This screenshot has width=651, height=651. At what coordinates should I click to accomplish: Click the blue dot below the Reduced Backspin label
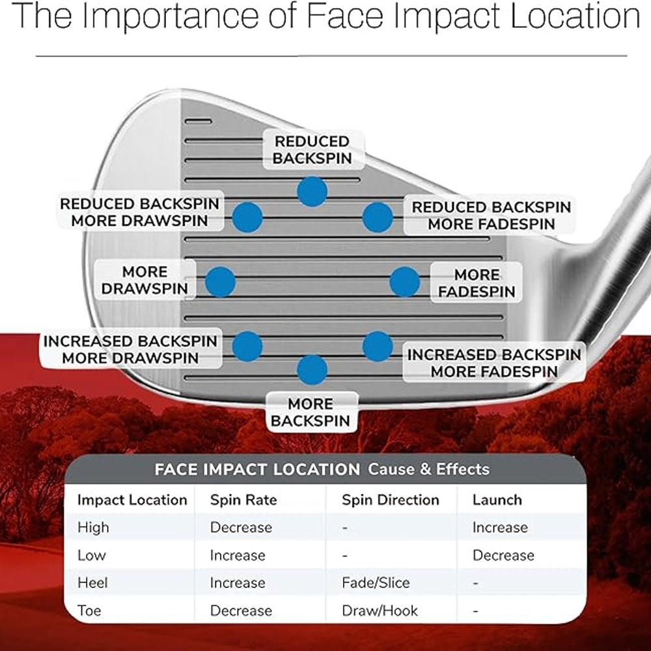(x=312, y=191)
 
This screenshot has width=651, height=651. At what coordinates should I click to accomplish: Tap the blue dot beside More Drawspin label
(x=221, y=282)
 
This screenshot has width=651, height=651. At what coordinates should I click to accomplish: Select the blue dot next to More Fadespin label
(x=405, y=282)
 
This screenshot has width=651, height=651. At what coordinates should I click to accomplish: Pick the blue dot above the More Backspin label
(x=312, y=370)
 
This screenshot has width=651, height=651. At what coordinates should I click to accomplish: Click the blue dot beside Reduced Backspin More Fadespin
(x=378, y=217)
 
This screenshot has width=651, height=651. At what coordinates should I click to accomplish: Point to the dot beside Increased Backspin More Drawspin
(x=247, y=346)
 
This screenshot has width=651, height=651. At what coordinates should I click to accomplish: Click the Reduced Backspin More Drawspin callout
(x=140, y=212)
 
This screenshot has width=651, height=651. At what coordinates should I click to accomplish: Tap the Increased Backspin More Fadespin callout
(x=494, y=363)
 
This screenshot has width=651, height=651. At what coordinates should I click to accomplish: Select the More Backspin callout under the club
(x=311, y=412)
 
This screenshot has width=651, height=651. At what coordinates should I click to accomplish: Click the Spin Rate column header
(x=243, y=499)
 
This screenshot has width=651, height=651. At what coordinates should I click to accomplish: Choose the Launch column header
(x=497, y=499)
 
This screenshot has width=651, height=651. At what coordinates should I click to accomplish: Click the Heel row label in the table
(x=92, y=583)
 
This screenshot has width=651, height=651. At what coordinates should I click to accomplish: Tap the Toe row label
(x=89, y=611)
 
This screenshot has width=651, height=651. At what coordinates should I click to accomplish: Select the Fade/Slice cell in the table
(x=376, y=583)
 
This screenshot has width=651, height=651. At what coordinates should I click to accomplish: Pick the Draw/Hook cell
(x=380, y=611)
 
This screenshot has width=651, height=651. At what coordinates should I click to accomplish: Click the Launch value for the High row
(x=500, y=527)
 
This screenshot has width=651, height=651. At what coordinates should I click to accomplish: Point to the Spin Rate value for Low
(x=238, y=555)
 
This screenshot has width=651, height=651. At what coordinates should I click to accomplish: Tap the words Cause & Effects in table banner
(x=428, y=469)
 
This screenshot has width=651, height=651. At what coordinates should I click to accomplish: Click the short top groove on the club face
(x=198, y=121)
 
